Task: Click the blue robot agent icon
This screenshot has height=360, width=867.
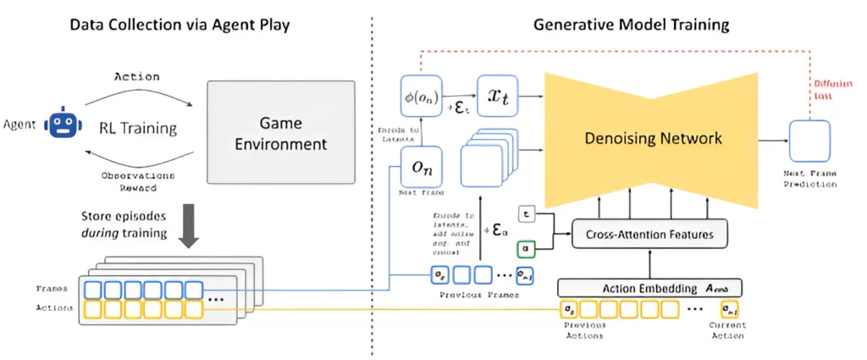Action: [60, 126]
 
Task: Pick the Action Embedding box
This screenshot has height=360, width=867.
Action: [649, 287]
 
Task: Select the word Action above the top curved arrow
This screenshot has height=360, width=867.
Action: [135, 75]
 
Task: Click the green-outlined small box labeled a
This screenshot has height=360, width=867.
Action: [525, 250]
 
